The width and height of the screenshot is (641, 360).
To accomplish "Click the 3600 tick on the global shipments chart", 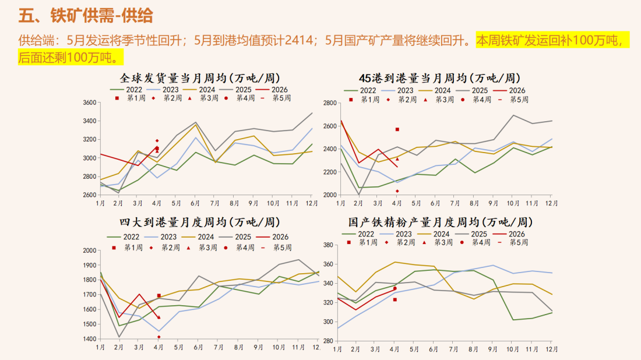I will coord(89,103).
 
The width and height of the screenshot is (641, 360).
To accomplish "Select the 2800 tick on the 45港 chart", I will coord(329,103).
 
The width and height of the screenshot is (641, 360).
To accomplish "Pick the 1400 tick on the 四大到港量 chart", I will coord(89,339).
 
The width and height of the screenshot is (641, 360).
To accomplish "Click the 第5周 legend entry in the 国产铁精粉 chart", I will coord(519,242).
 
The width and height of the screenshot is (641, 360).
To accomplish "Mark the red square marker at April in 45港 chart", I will coord(397,129).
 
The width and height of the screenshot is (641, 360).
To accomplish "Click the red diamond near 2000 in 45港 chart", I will coord(397,190).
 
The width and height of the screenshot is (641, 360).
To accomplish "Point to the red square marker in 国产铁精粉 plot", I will coord(395,299).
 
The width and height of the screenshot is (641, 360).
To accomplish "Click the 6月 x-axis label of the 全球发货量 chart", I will coord(195,203).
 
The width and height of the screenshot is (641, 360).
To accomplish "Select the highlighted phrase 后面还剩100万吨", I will coord(71,57).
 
